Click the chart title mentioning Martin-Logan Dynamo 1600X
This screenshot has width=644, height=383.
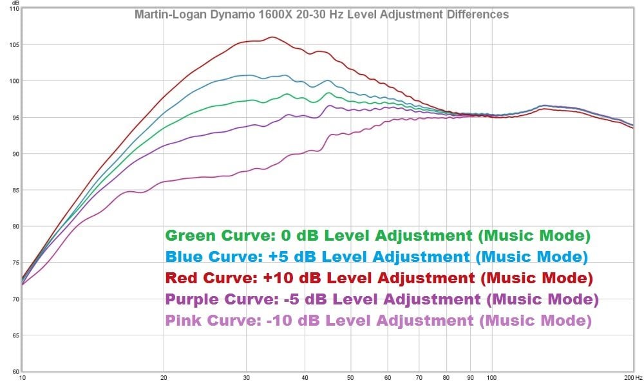click(x=321, y=14)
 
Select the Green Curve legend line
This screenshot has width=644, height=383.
click(x=377, y=236)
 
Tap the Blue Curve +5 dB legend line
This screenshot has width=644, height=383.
click(x=377, y=257)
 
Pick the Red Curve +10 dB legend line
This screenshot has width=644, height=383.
click(x=378, y=278)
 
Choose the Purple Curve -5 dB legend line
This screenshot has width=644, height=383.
click(x=382, y=299)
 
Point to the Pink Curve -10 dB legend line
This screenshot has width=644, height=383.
click(x=378, y=321)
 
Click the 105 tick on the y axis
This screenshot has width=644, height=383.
click(x=14, y=44)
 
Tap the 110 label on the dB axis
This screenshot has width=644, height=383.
click(x=14, y=8)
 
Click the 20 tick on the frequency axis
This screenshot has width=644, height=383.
click(x=164, y=378)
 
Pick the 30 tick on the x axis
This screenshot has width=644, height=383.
click(x=247, y=378)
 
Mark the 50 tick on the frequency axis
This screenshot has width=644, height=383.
click(x=350, y=378)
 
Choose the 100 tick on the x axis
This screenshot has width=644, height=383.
click(x=491, y=378)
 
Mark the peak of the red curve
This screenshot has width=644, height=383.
click(x=272, y=37)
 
